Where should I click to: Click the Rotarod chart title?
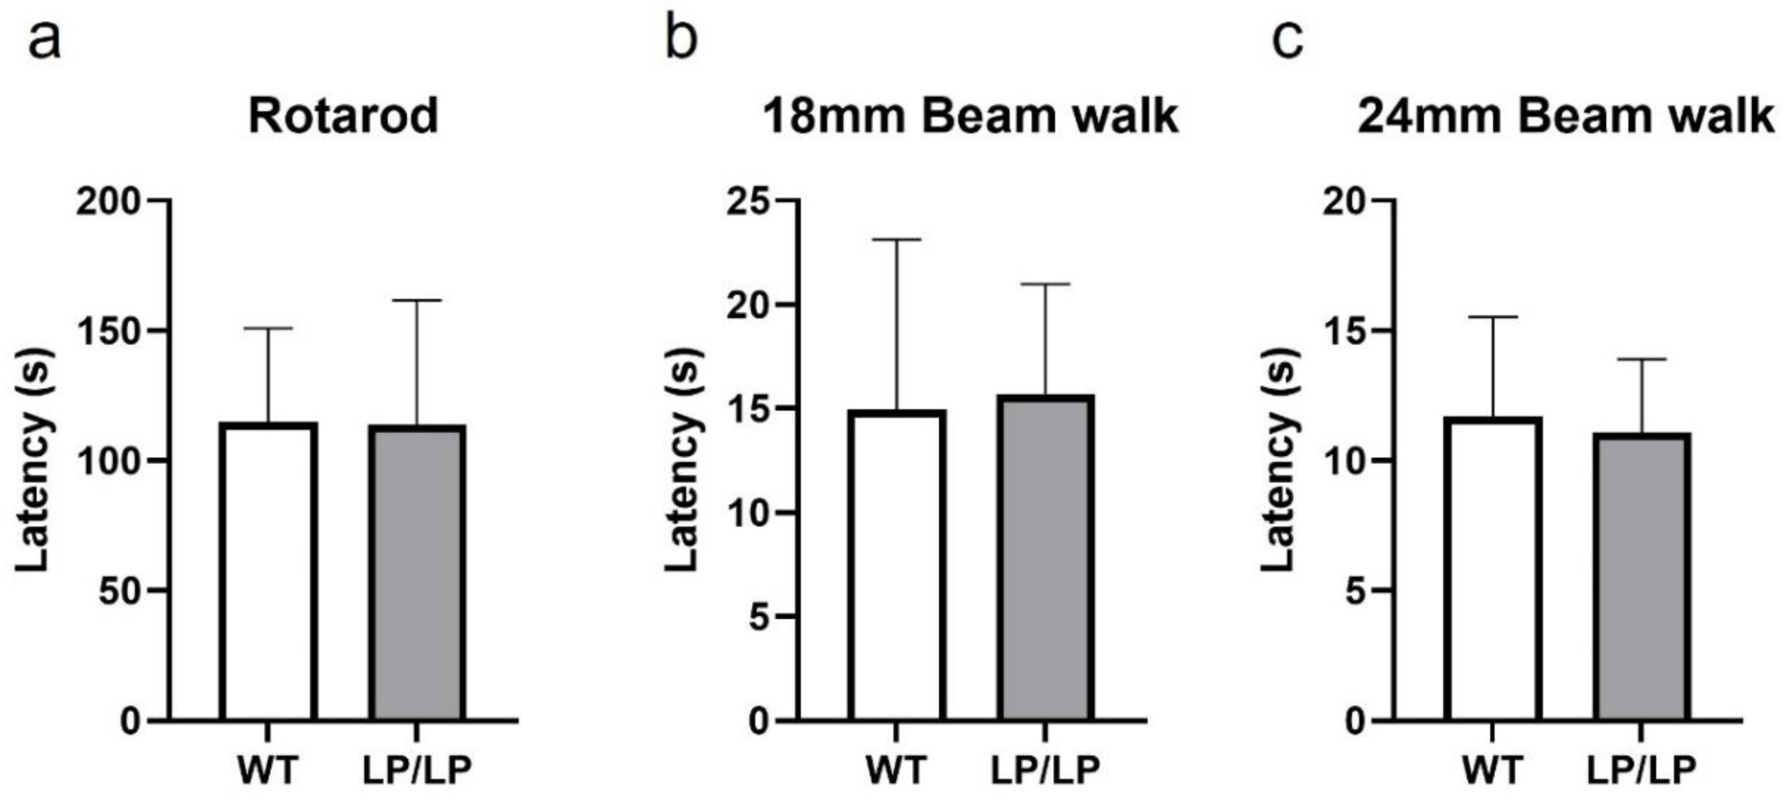click(x=343, y=116)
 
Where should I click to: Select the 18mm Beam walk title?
click(x=970, y=116)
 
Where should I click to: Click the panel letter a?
click(x=44, y=40)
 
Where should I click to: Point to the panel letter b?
click(x=681, y=40)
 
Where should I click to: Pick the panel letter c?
click(x=1288, y=40)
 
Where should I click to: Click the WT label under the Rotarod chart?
click(x=269, y=770)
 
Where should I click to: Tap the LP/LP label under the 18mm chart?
click(x=1046, y=770)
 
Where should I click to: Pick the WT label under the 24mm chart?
click(x=1493, y=770)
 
